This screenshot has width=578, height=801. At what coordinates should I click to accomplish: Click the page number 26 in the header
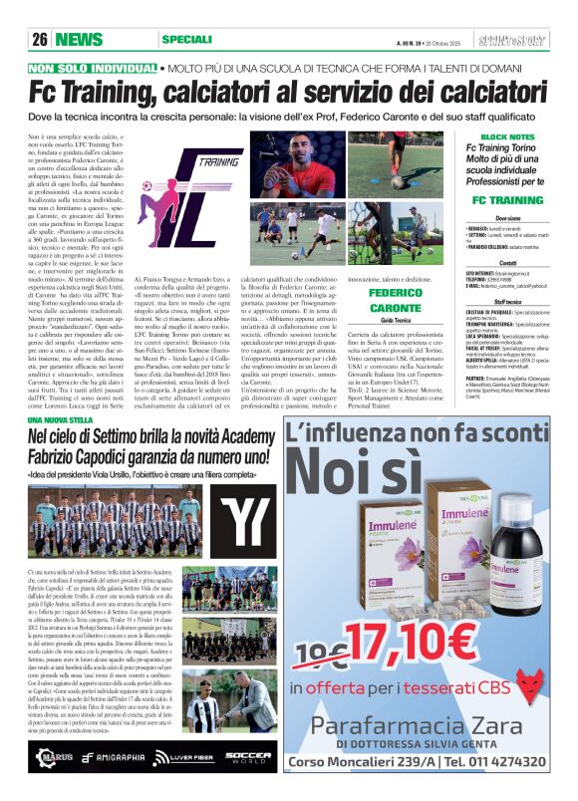pyautogui.click(x=41, y=40)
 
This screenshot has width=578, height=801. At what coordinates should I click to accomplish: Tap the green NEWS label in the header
pyautogui.click(x=79, y=40)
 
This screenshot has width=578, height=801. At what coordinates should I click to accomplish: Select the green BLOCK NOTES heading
pyautogui.click(x=507, y=136)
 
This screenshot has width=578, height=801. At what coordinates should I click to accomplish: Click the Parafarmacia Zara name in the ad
pyautogui.click(x=420, y=724)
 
